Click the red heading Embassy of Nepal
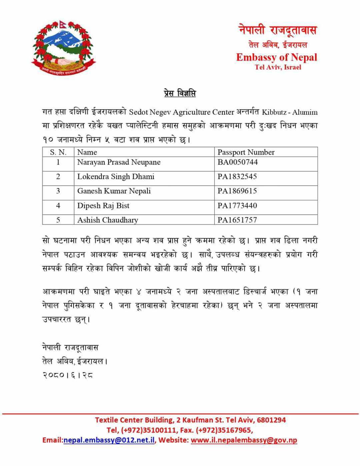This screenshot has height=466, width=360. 276,57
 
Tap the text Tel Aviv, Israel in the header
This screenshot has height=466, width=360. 278,67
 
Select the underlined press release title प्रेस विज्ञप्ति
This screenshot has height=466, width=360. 180,93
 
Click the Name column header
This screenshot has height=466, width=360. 87,152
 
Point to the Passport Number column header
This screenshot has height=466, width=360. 246,152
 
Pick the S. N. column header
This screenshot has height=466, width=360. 58,152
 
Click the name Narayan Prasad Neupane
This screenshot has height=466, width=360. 119,162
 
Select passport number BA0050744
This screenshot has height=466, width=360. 238,162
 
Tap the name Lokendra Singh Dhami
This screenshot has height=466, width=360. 116,177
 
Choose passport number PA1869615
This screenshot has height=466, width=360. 237,191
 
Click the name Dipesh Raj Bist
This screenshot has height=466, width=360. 103,206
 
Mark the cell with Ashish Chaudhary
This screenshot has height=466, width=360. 108,220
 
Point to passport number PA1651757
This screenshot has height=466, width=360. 237,220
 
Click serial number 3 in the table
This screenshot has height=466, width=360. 58,191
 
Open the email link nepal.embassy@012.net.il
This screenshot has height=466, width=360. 109,440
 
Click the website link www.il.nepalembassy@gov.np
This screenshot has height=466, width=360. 244,440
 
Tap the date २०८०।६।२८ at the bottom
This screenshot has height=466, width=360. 68,375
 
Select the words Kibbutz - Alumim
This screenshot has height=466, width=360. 290,112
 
